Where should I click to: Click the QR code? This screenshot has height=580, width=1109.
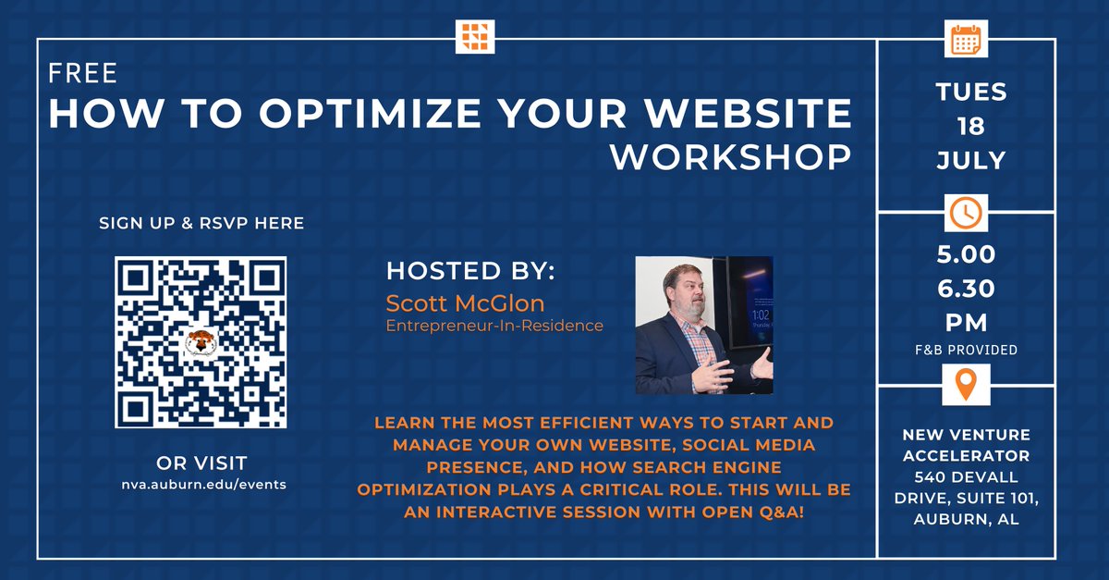(201, 342)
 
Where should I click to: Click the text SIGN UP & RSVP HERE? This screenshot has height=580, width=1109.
(201, 223)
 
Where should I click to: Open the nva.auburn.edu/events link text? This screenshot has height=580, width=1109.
(201, 486)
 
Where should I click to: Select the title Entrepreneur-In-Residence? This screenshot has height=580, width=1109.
(494, 326)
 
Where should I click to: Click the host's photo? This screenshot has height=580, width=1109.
(704, 326)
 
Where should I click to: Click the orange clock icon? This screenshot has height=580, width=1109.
(966, 213)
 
